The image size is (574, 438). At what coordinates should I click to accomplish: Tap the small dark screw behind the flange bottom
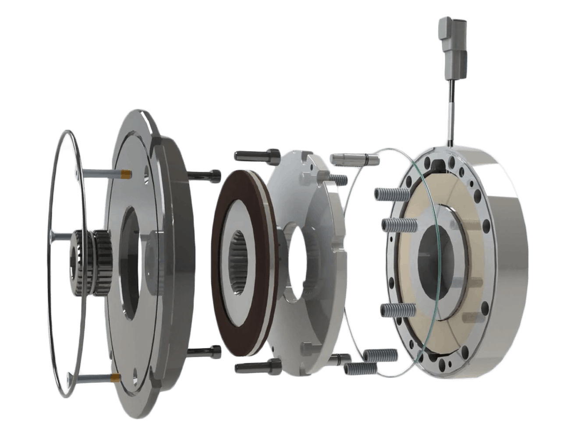coord(206,350)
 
